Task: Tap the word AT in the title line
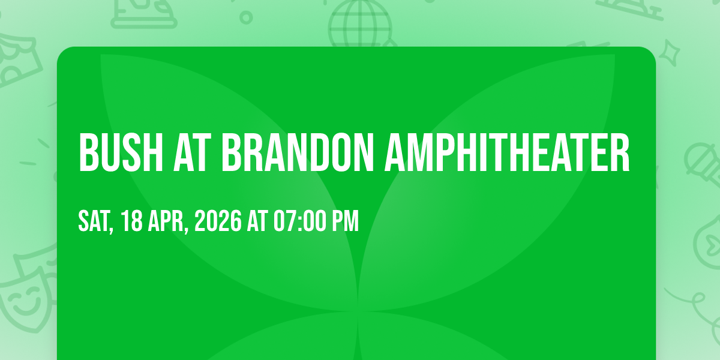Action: pos(190,153)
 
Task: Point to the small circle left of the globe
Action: pos(245,16)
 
